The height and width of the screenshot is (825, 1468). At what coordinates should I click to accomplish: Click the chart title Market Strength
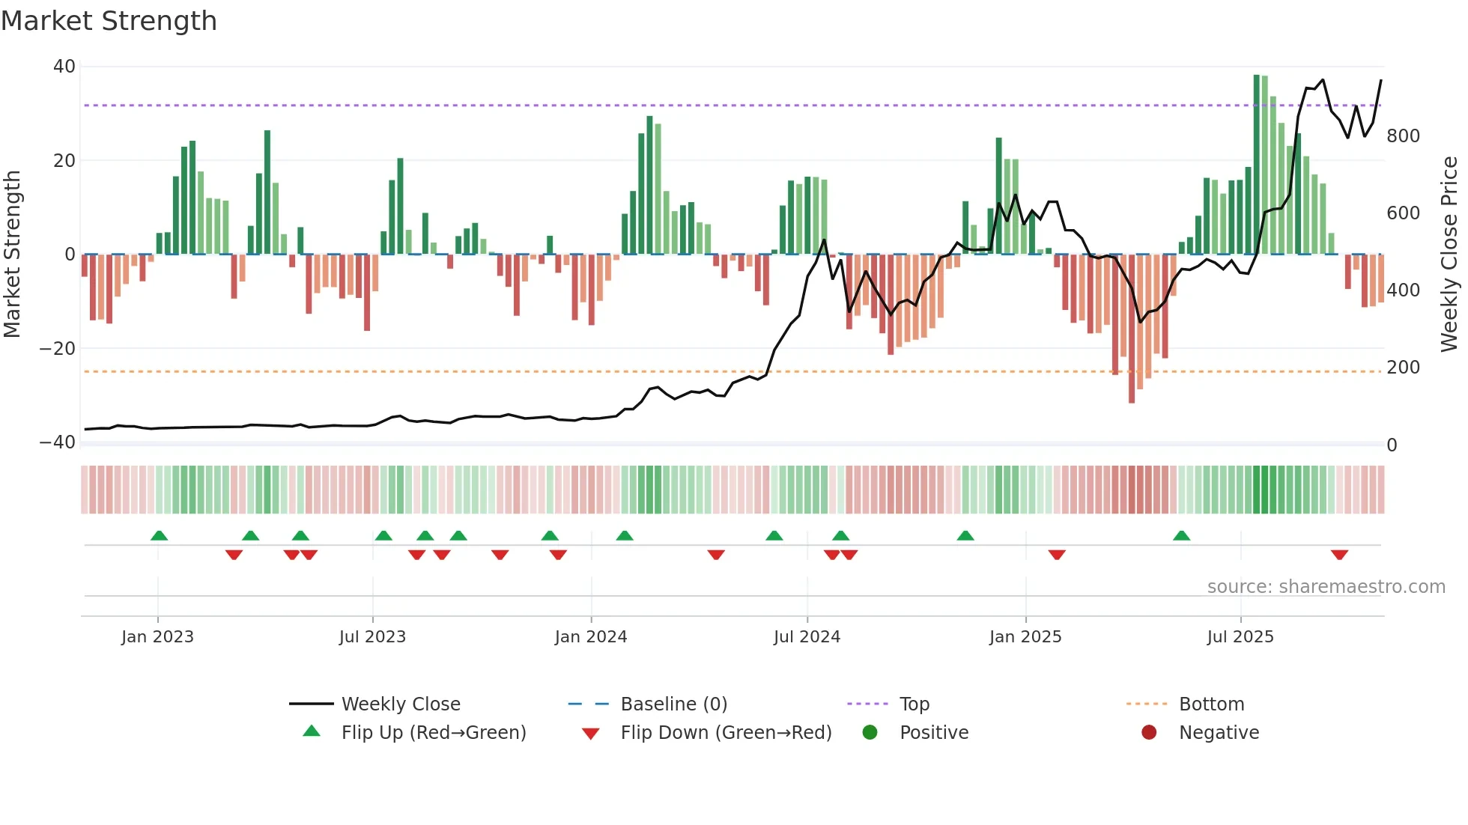pos(109,21)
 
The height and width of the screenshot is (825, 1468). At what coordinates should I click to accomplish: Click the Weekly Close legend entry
pos(400,704)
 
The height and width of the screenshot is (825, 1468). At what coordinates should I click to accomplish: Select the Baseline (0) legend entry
pos(673,704)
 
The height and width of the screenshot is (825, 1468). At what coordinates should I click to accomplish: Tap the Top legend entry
pos(914,704)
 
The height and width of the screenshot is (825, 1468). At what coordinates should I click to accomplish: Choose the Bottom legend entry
pos(1211,704)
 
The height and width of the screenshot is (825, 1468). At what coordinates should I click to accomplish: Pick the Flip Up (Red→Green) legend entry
pos(433,733)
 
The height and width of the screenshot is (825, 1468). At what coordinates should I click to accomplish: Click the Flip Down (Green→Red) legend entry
pos(725,733)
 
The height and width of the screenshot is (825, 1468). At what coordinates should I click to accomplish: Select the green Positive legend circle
pos(870,733)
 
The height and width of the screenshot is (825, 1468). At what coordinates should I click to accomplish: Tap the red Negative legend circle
pos(1149,733)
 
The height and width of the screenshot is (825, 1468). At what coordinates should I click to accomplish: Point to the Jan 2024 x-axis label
pos(591,637)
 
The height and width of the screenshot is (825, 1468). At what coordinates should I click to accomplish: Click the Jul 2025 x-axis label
pos(1240,637)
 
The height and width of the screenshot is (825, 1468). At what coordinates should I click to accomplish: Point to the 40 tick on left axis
pos(64,67)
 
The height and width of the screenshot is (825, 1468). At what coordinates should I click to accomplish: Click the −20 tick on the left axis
pos(58,349)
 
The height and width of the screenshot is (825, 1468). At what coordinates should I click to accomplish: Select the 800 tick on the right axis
pos(1403,136)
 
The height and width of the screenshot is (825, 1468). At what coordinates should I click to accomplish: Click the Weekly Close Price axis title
pos(1450,255)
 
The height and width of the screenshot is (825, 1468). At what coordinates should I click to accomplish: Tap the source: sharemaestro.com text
pos(1326,587)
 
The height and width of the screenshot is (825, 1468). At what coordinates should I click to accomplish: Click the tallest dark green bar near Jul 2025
pos(1257,165)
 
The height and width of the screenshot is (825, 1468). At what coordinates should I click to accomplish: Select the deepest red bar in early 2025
pos(1132,329)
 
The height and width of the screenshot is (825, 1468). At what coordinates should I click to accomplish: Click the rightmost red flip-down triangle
pos(1339,555)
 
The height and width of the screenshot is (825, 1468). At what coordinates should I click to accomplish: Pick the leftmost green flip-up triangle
pos(159,535)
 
